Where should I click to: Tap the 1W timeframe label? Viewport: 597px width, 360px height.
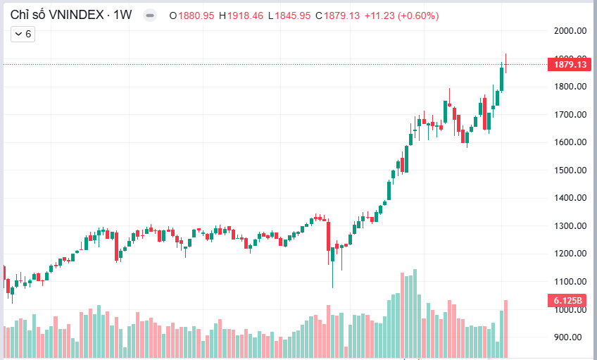[122, 15]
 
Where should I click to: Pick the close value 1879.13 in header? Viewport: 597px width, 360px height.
[341, 15]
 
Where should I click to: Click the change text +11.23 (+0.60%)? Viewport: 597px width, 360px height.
[401, 15]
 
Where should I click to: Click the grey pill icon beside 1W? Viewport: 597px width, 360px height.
[149, 15]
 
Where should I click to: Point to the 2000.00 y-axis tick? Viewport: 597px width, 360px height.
[571, 31]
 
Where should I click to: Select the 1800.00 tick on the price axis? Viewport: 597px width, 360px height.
[571, 87]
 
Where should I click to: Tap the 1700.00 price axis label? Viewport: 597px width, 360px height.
[571, 114]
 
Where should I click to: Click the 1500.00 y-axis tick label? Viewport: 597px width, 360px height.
[571, 170]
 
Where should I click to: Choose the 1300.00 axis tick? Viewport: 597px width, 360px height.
[571, 226]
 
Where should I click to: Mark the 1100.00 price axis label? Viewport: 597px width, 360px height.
[571, 282]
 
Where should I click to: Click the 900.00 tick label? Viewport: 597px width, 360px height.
[573, 337]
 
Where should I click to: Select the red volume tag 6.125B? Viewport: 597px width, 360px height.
[567, 301]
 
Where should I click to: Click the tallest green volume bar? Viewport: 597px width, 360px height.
[415, 314]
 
